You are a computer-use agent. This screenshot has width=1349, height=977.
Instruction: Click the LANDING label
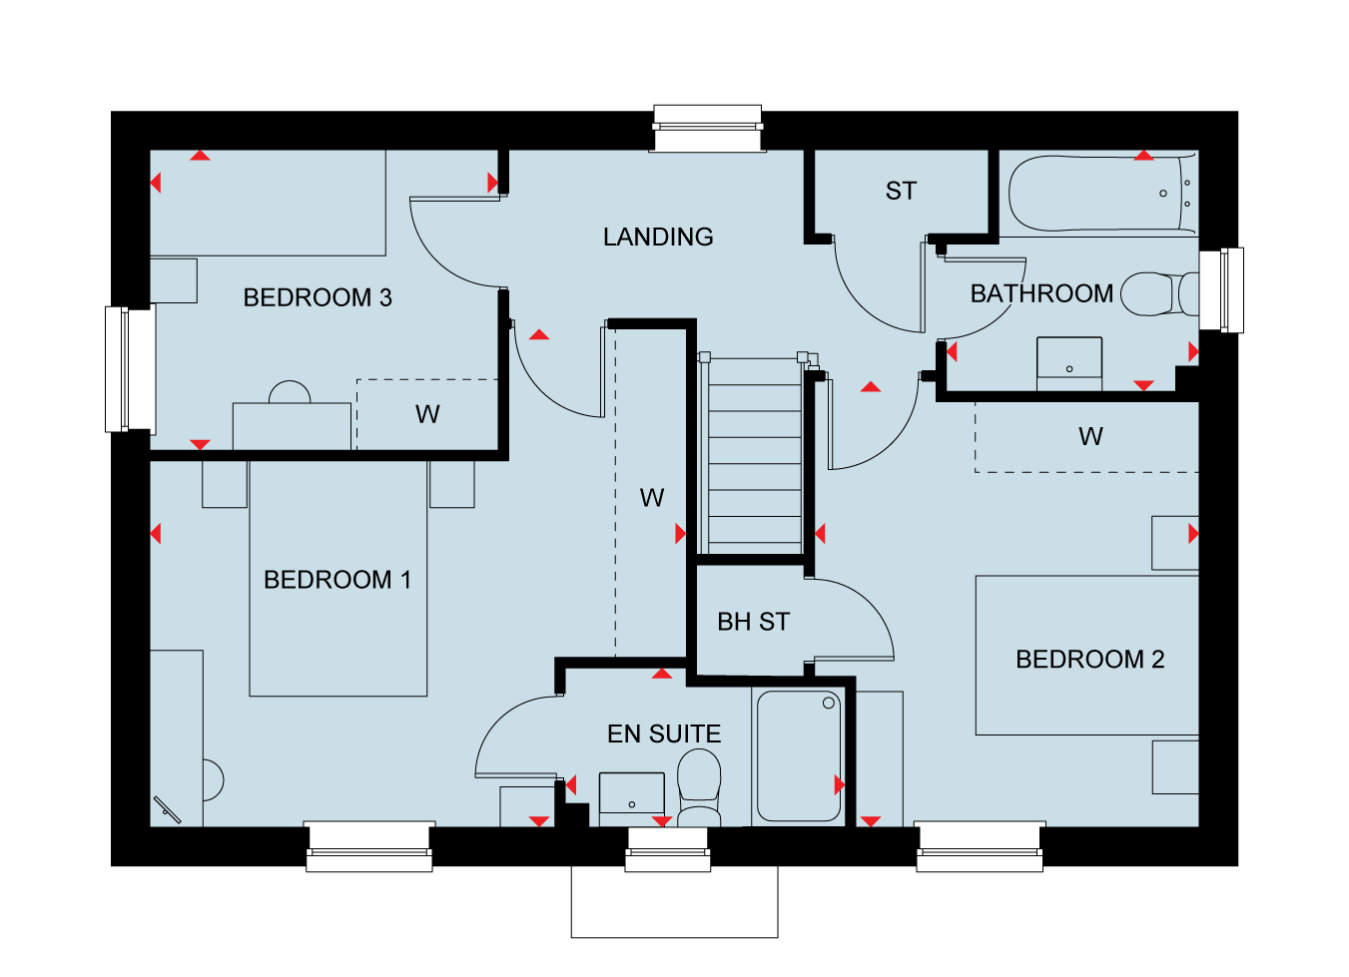pyautogui.click(x=658, y=238)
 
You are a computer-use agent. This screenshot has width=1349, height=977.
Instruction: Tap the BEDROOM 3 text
pyautogui.click(x=318, y=297)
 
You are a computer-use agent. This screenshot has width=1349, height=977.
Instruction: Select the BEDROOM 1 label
pyautogui.click(x=337, y=580)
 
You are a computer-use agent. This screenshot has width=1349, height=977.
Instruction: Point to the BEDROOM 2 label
pyautogui.click(x=1090, y=660)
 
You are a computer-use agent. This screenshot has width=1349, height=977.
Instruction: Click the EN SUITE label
pyautogui.click(x=664, y=733)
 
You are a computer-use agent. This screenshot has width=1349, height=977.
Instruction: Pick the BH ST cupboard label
pyautogui.click(x=754, y=622)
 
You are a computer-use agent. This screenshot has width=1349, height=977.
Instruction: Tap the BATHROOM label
pyautogui.click(x=1041, y=293)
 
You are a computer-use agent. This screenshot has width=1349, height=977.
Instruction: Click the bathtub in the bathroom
pyautogui.click(x=1102, y=194)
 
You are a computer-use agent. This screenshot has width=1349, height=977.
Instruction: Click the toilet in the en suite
pyautogui.click(x=699, y=787)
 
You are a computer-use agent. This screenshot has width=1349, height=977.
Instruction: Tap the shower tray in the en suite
pyautogui.click(x=799, y=756)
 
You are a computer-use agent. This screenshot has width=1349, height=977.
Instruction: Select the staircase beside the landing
pyautogui.click(x=755, y=455)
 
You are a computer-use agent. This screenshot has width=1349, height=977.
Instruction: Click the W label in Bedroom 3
pyautogui.click(x=427, y=414)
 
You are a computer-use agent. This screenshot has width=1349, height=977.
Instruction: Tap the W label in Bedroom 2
pyautogui.click(x=1090, y=436)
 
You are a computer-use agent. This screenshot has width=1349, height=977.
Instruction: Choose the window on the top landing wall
pyautogui.click(x=708, y=128)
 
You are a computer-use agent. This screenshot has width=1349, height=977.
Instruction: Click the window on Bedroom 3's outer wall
pyautogui.click(x=131, y=369)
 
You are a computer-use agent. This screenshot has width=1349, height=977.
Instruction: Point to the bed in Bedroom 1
pyautogui.click(x=338, y=579)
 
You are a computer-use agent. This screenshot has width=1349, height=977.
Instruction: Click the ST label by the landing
pyautogui.click(x=901, y=191)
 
